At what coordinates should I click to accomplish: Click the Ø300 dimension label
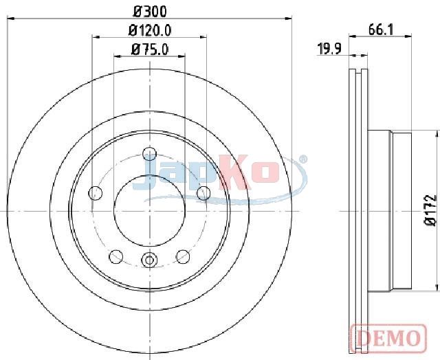click(x=150, y=12)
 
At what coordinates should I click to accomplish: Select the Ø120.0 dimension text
click(x=150, y=30)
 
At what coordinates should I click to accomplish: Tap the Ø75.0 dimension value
click(x=150, y=50)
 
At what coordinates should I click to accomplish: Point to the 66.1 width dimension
click(x=381, y=30)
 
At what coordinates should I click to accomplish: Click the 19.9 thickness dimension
click(x=329, y=49)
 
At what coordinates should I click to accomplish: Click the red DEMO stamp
click(x=388, y=338)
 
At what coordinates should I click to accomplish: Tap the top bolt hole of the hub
click(x=150, y=154)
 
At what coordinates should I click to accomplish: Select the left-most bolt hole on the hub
click(x=96, y=193)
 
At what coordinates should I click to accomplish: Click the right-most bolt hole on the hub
click(x=203, y=193)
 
